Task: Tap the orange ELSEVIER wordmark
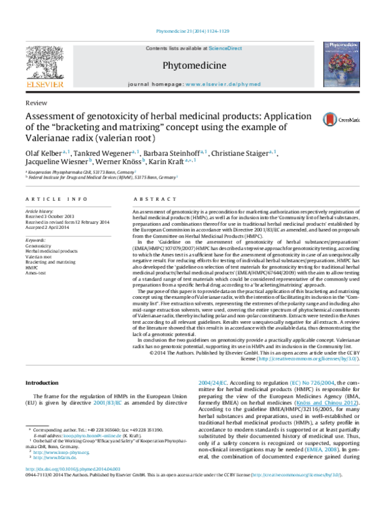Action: [44, 84]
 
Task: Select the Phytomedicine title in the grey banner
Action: [194, 65]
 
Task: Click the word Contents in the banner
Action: [157, 48]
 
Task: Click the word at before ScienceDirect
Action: [205, 48]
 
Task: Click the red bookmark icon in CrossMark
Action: [329, 120]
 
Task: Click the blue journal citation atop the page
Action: [193, 31]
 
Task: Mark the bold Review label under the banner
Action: [36, 103]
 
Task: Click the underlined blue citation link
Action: [327, 403]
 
